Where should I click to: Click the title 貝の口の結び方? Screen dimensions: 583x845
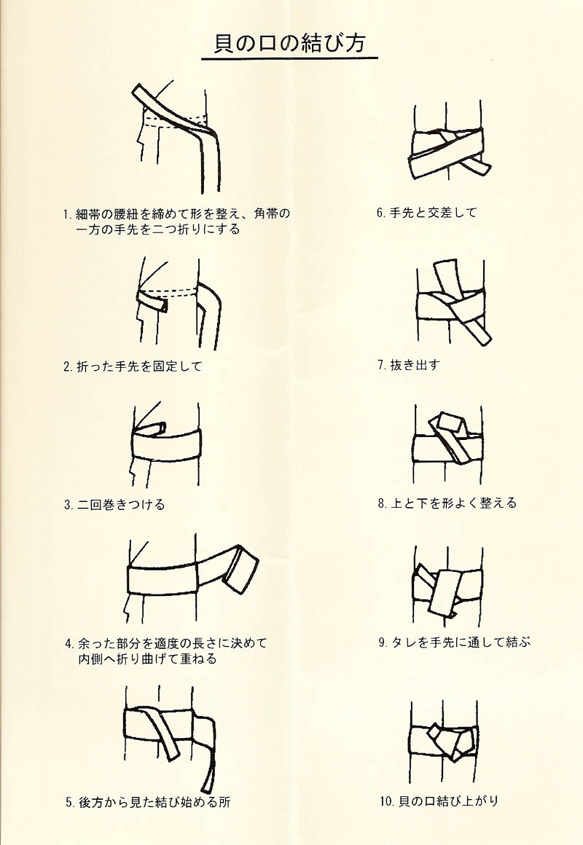(x=289, y=43)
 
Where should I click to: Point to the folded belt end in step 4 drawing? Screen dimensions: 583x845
(x=240, y=568)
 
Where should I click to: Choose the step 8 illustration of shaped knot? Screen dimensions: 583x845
(x=447, y=444)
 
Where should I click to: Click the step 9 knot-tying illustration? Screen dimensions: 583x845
(x=447, y=586)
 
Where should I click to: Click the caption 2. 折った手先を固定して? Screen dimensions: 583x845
(x=133, y=366)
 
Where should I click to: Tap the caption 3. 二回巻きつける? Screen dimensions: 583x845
(x=114, y=505)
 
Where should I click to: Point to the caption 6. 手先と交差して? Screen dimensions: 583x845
(x=426, y=213)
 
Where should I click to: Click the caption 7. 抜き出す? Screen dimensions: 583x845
(x=408, y=365)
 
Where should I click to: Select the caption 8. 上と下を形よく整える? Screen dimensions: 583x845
(x=447, y=503)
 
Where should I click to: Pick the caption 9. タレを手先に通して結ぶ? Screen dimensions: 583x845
(x=453, y=642)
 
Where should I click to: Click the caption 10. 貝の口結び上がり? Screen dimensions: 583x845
(x=439, y=801)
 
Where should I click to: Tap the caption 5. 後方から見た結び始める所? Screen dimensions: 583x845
(x=148, y=802)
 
